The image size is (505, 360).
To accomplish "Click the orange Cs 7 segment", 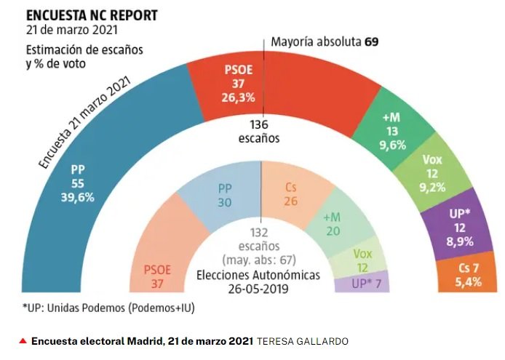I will [x=469, y=275].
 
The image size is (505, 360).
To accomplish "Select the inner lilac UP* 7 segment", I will [x=361, y=281].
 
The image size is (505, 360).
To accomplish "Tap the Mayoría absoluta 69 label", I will [x=324, y=41].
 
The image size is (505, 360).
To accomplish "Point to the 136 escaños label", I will [x=261, y=131].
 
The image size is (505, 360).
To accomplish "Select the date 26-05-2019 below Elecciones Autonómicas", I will [x=261, y=288].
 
